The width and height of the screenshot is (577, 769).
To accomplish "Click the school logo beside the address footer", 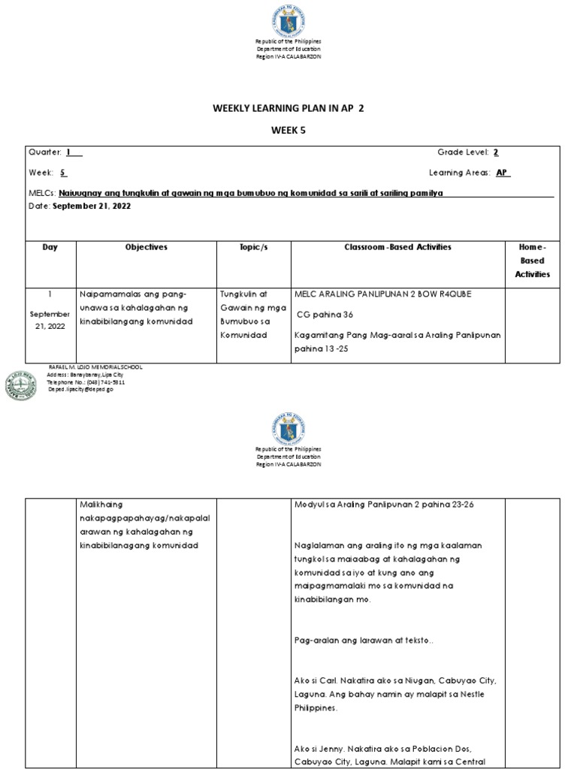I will [22, 385].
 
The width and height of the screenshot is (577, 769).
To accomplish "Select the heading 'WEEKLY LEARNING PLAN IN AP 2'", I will [289, 109].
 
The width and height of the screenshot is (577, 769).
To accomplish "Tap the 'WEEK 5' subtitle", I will [288, 130].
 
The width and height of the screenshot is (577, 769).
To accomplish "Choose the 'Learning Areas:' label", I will [459, 173].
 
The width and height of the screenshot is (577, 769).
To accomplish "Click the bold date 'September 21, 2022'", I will [92, 207].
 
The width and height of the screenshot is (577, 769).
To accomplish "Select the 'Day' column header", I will [50, 247].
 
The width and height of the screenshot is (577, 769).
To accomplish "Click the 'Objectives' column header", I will [147, 247].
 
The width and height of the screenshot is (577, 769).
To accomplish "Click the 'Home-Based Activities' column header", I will [533, 261].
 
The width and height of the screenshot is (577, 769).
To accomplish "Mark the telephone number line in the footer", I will [86, 382].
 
